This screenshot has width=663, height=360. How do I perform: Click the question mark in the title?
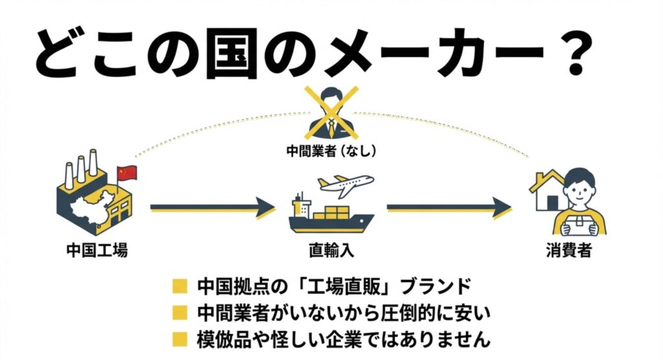578,50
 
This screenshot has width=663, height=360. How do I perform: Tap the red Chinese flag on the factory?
128,174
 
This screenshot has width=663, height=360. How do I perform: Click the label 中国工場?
97,251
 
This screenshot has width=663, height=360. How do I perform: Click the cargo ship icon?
330,214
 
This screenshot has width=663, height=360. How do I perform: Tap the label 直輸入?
331,251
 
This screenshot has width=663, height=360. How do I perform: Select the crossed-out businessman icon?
331,113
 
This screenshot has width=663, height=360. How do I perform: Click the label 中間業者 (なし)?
331,151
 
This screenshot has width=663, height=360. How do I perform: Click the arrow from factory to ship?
212,208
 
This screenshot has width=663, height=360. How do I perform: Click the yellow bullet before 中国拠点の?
180,285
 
